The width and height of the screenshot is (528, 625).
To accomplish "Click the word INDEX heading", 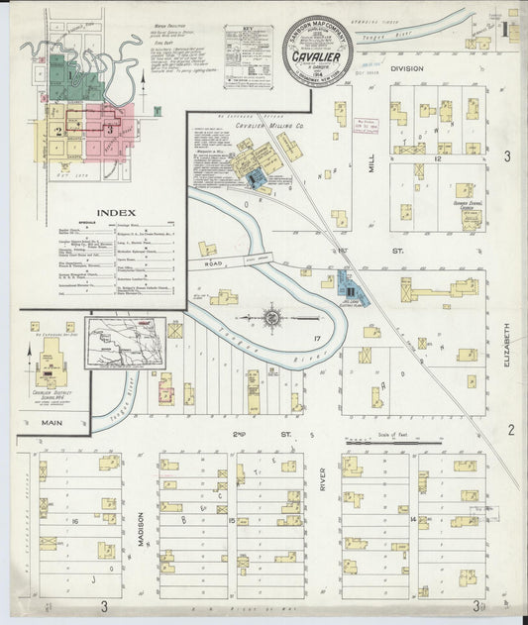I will [x=96, y=211].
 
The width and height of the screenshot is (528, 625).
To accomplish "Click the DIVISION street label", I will [x=406, y=68].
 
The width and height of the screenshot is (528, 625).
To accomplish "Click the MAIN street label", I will [x=39, y=423].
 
